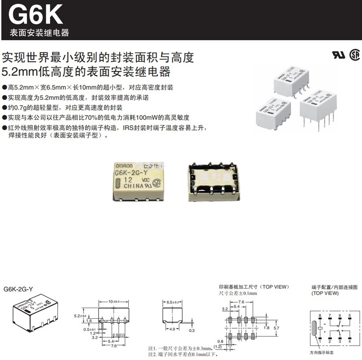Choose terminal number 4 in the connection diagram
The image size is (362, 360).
pyautogui.click(x=349, y=342)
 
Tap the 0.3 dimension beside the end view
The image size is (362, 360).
pyautogui.click(x=192, y=330)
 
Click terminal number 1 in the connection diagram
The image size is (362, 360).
pyautogui.click(x=319, y=342)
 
